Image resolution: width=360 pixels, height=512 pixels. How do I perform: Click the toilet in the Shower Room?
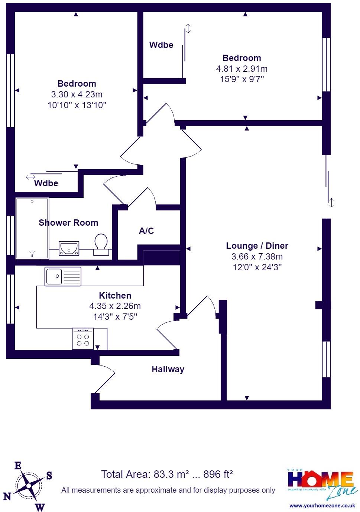pos(101,245)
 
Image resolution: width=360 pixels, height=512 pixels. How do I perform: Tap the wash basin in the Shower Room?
pos(69,248)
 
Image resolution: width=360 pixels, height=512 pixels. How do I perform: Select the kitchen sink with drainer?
pos(63,276)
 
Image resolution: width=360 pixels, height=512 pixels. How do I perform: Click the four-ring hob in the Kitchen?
pos(83,339)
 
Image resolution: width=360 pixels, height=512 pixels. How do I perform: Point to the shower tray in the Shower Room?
pos(32,228)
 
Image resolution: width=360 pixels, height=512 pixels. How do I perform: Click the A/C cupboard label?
pos(146,231)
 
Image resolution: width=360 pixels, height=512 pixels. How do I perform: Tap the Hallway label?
pos(168,369)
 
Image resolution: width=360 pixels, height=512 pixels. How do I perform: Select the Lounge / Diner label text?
pos(257,246)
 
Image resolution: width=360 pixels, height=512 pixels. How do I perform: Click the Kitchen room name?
pos(115,296)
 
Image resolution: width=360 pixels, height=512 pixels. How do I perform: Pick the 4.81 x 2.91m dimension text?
pos(241,69)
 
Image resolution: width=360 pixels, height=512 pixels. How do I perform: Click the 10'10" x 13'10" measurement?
pos(77,105)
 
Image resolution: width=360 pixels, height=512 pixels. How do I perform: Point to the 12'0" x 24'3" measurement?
pos(257,267)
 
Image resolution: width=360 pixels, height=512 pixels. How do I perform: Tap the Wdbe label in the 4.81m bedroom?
pos(161,45)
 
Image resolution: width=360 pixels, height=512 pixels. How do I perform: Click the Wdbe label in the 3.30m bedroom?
pos(46,183)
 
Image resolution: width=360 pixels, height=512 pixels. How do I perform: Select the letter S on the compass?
pos(49,475)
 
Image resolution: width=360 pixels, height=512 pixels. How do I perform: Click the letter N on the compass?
pos(7,496)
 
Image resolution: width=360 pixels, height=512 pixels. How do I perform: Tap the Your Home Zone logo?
pos(322,483)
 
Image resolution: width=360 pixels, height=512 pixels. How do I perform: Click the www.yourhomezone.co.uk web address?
pos(322,506)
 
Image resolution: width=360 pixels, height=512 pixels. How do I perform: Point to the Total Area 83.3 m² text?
pos(167,474)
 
